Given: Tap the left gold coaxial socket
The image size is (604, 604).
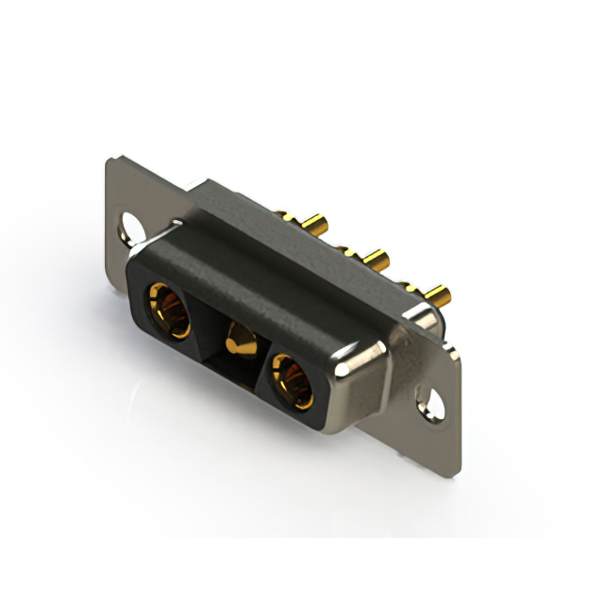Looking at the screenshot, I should coord(167,311).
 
